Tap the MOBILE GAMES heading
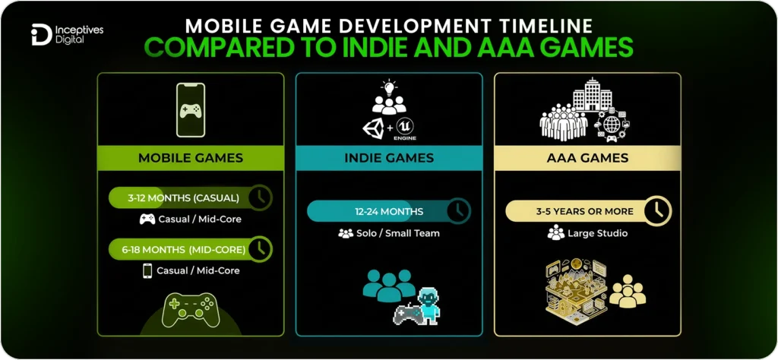point(190,158)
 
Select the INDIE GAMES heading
point(388,158)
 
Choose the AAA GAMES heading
point(587,158)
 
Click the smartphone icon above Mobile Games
point(191,111)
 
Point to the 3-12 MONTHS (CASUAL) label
point(183,198)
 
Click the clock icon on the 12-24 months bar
point(458,210)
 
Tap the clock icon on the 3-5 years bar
point(657,210)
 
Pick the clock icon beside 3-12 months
point(260,197)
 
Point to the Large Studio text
point(597,233)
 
